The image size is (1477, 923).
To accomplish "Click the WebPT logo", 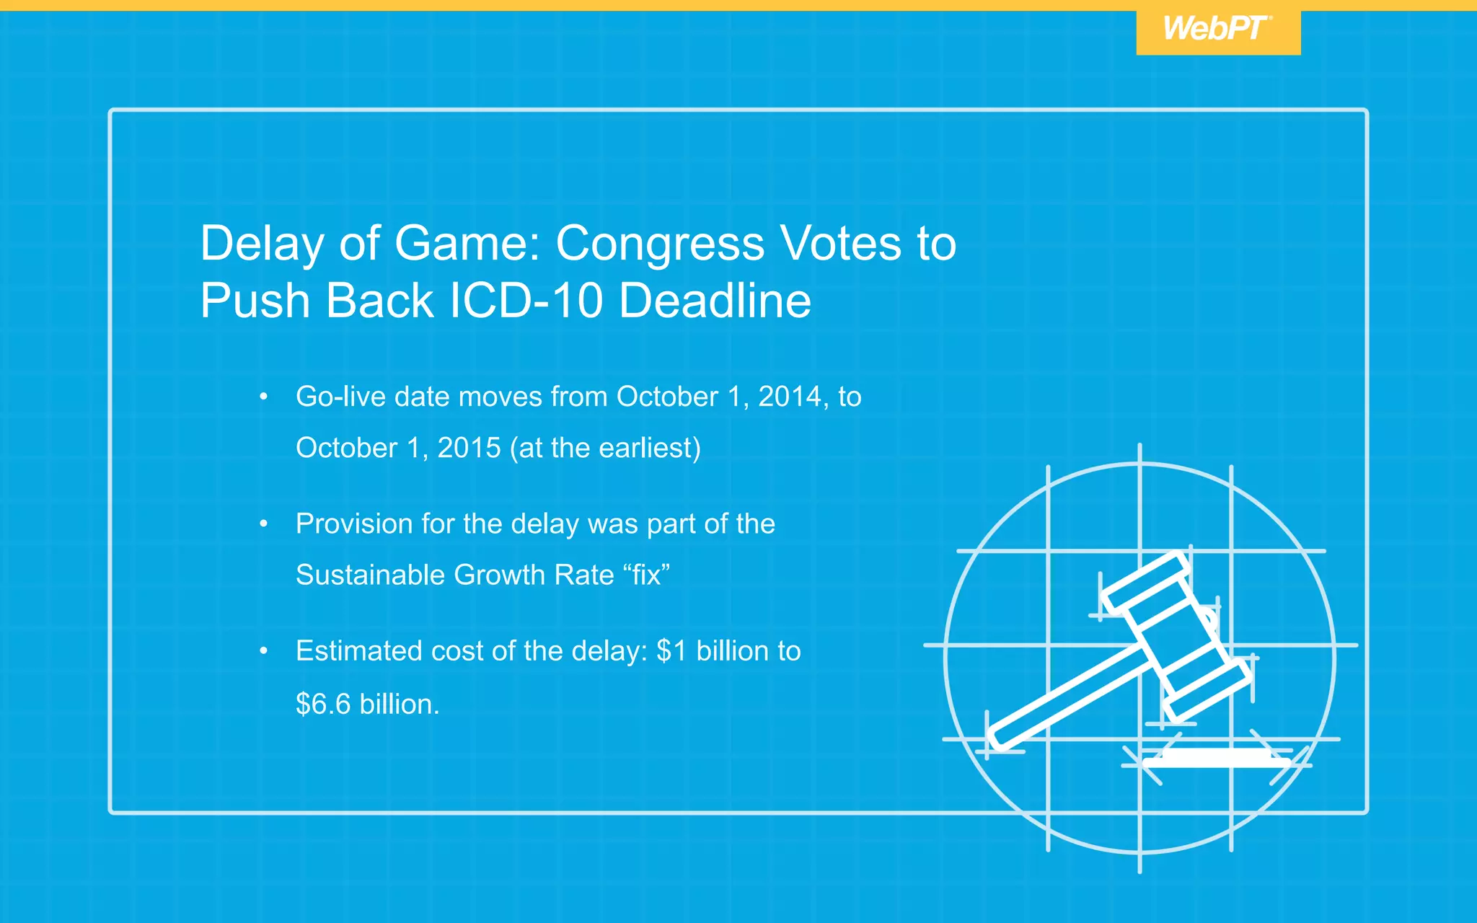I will tap(1217, 30).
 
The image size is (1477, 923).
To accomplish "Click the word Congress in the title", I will tap(660, 243).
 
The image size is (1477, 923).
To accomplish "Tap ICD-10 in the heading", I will tap(526, 300).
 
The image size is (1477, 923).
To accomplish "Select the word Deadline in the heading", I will tap(715, 300).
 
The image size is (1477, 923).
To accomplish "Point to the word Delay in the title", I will tap(262, 243).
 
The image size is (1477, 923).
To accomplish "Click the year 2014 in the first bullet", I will tap(789, 397).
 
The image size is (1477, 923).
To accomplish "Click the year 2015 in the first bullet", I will tap(469, 448).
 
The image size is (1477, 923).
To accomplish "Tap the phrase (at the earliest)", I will tap(605, 448).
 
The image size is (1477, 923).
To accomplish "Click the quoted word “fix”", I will tap(646, 575).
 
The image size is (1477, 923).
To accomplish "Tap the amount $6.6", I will tap(323, 704).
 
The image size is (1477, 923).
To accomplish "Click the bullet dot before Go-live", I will tap(264, 397).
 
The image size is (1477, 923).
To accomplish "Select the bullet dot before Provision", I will tap(264, 524).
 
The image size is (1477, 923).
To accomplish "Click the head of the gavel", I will tap(1176, 635).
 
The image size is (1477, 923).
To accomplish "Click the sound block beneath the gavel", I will tap(1217, 757).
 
